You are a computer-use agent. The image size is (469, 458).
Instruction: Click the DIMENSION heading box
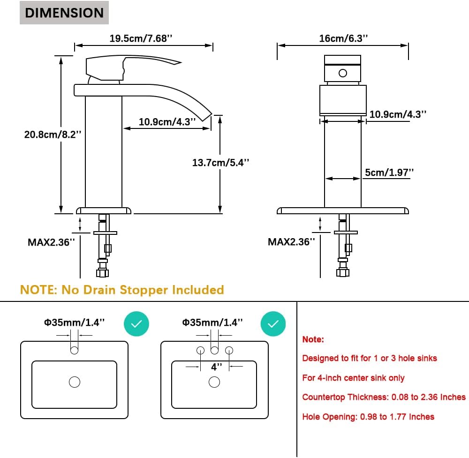tap(64, 13)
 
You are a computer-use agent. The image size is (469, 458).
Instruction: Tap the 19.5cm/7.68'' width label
tap(141, 38)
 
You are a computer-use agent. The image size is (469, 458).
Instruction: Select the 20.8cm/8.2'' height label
tap(53, 135)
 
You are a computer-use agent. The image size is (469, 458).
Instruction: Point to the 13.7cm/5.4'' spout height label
tap(221, 163)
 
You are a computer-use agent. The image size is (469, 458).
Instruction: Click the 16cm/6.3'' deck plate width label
tap(343, 38)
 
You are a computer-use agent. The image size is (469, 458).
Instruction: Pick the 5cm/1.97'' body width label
tap(389, 173)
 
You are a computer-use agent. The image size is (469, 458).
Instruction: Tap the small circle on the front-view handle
tap(343, 73)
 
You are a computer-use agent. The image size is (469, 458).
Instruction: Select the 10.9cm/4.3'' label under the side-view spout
tap(167, 122)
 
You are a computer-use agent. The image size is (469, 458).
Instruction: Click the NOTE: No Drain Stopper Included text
tap(122, 290)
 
